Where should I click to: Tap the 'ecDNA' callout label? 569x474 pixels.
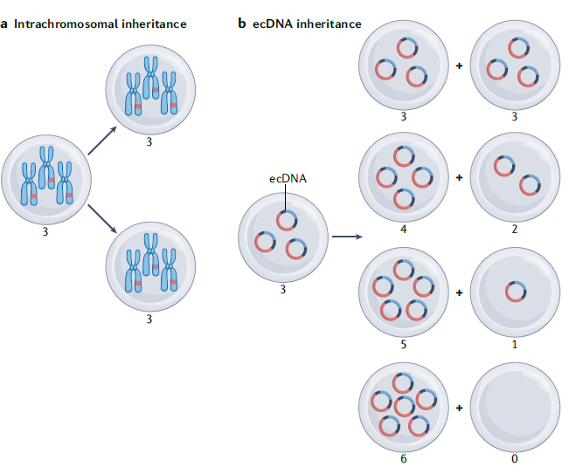288,179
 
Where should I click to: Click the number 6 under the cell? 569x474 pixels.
403,457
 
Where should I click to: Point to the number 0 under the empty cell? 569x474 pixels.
514,457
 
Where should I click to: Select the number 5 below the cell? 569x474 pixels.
403,345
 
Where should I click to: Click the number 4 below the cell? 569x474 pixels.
403,230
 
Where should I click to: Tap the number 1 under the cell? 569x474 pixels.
514,345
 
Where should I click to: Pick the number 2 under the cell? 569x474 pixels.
514,230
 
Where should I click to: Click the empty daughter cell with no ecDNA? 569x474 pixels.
514,406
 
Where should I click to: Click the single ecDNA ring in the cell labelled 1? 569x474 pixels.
515,291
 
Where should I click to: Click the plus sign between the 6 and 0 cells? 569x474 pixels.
459,407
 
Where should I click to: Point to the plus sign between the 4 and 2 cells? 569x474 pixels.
459,177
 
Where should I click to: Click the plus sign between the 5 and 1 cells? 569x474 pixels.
459,292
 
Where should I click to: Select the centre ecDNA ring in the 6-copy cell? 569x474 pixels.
403,407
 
